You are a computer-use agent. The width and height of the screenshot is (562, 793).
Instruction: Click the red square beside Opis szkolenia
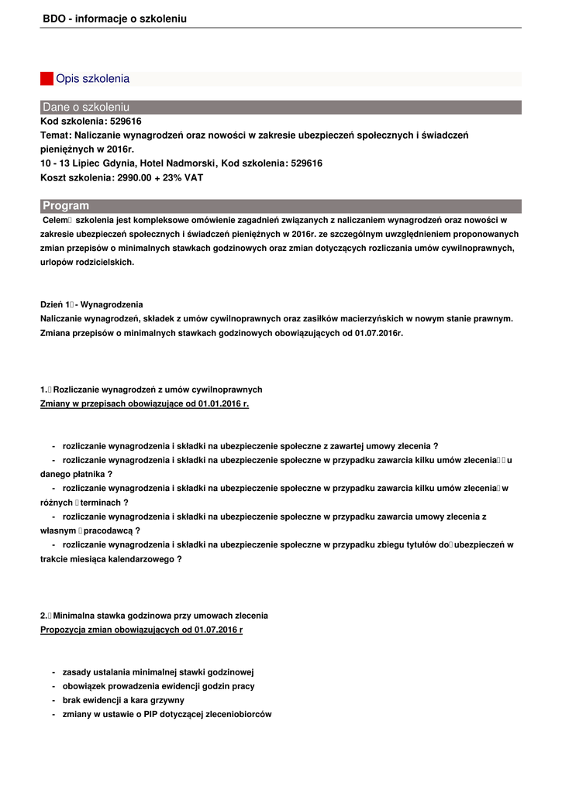point(47,79)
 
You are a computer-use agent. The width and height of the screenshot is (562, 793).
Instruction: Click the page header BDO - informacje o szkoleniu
point(115,19)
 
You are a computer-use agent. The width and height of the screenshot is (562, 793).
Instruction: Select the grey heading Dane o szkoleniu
point(86,107)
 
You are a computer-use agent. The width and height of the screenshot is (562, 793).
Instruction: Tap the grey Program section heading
point(66,206)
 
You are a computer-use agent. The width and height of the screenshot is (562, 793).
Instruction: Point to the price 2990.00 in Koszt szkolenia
point(133,177)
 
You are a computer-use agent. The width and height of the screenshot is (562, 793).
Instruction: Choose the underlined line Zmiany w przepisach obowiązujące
point(144,403)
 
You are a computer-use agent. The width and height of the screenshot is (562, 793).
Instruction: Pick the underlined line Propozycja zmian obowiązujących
point(141,630)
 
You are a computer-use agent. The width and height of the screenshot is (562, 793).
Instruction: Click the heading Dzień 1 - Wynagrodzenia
point(91,304)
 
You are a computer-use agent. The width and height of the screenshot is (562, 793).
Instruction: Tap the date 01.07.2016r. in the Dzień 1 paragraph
point(379,333)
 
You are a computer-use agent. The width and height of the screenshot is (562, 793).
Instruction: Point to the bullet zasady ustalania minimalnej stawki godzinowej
point(158,672)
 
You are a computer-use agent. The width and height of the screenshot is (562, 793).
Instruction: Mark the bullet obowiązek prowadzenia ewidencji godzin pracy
point(158,686)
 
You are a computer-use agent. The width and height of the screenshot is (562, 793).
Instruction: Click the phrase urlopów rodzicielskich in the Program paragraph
point(87,262)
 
